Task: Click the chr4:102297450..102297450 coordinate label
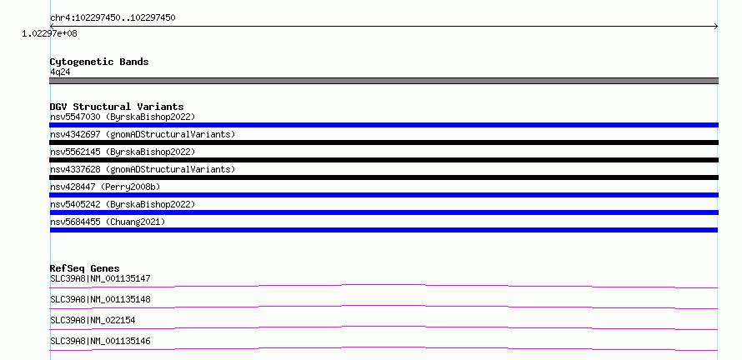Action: pos(113,18)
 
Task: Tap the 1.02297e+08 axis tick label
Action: pos(50,33)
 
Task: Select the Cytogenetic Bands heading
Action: pos(99,62)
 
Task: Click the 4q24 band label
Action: pos(60,72)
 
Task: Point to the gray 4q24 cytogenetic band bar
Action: pos(384,81)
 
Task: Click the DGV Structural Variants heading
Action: pos(117,107)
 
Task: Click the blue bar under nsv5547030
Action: pos(384,125)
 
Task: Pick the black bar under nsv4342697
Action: pos(384,142)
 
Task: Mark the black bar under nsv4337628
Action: pos(384,177)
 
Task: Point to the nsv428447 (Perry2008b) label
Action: pos(105,187)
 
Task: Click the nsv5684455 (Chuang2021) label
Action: pos(108,222)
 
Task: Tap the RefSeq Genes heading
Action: pos(85,268)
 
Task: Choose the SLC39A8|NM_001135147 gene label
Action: pos(100,278)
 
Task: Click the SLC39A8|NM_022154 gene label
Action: pos(93,320)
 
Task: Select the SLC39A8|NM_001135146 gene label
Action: pos(100,341)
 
